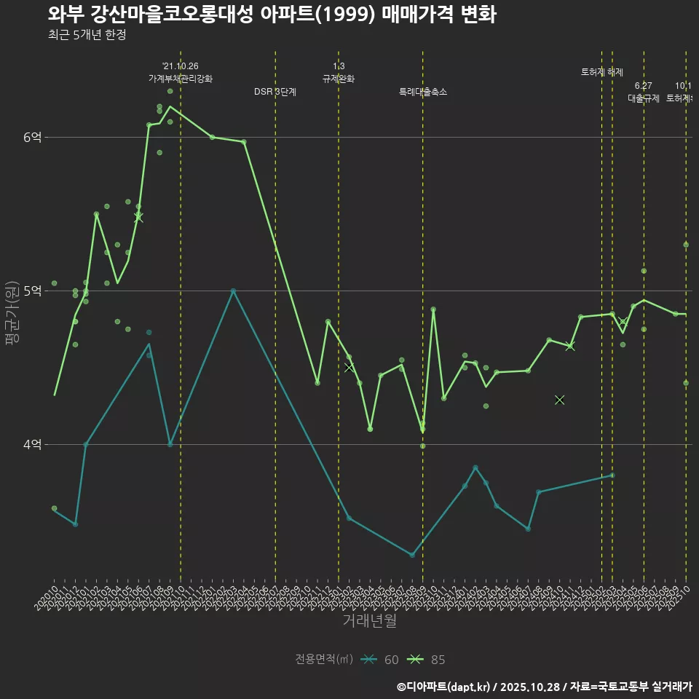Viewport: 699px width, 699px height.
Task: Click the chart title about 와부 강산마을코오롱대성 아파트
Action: pos(272,15)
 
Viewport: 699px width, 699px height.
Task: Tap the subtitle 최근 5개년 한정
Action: pos(87,35)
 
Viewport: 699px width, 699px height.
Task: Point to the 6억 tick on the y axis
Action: pos(33,137)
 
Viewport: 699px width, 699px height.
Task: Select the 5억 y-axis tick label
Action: pos(33,291)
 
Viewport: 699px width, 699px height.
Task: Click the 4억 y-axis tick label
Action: pos(33,444)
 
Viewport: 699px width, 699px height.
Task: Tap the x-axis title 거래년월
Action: pos(369,621)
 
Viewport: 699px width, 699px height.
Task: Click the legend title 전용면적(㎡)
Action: pos(324,660)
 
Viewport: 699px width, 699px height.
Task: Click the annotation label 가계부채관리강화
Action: pos(181,79)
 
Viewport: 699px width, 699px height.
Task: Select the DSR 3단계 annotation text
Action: pos(275,92)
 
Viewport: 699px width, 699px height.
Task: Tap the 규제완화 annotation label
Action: pos(339,79)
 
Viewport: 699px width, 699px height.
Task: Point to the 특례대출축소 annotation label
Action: pos(423,92)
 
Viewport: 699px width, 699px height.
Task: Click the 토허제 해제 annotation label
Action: pos(602,72)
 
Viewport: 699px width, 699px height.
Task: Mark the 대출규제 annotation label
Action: pos(644,98)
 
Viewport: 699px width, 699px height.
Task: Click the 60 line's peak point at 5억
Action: pos(233,291)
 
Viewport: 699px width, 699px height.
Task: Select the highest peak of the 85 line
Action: pos(170,107)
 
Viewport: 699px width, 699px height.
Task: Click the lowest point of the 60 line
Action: pos(412,555)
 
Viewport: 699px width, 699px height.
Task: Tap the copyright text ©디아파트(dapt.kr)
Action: pos(443,687)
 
